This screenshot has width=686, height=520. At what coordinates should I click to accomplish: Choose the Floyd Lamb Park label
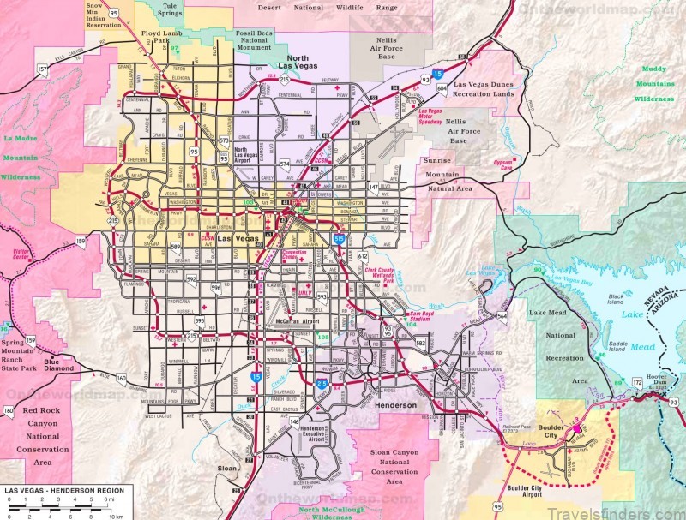[x=156, y=39]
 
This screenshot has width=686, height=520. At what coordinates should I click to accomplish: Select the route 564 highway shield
[x=502, y=315]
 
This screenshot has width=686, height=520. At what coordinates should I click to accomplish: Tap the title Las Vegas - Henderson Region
[x=64, y=490]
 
